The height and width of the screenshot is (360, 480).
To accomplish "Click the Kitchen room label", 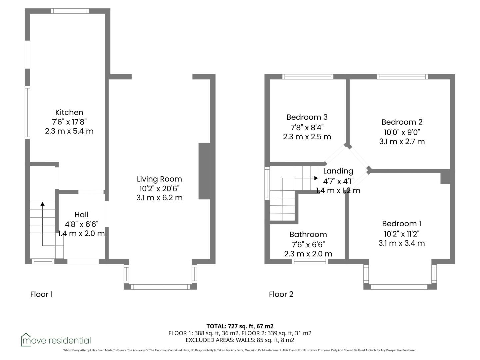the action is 69,112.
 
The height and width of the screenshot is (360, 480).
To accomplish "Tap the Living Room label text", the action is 159,179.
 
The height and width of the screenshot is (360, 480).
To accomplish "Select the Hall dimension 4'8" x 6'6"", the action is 81,224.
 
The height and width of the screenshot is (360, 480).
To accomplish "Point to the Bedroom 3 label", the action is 307,117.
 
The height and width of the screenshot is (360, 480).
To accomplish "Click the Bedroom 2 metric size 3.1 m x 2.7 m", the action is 402,141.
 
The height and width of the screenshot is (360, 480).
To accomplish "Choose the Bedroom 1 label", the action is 401,224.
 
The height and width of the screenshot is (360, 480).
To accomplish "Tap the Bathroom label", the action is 308,235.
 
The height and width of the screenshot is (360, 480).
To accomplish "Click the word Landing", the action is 338,171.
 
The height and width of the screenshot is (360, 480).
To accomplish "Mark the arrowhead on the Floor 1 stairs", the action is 42,204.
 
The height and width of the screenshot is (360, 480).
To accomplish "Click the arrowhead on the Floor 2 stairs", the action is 316,178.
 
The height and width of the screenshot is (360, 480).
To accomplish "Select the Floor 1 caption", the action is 42,294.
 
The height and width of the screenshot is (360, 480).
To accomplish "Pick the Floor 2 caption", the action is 281,294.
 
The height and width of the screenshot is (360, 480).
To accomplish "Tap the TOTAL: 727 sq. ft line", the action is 240,326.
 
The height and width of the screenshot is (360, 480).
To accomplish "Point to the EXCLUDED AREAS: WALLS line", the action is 240,340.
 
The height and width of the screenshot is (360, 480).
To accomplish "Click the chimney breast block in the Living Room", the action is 204,171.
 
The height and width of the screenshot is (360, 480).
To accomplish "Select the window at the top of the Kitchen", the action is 70,11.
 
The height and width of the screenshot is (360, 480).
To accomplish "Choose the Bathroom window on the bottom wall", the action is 310,261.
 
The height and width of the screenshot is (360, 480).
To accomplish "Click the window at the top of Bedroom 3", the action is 308,77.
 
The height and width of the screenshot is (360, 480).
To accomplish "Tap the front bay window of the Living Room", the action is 160,287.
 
